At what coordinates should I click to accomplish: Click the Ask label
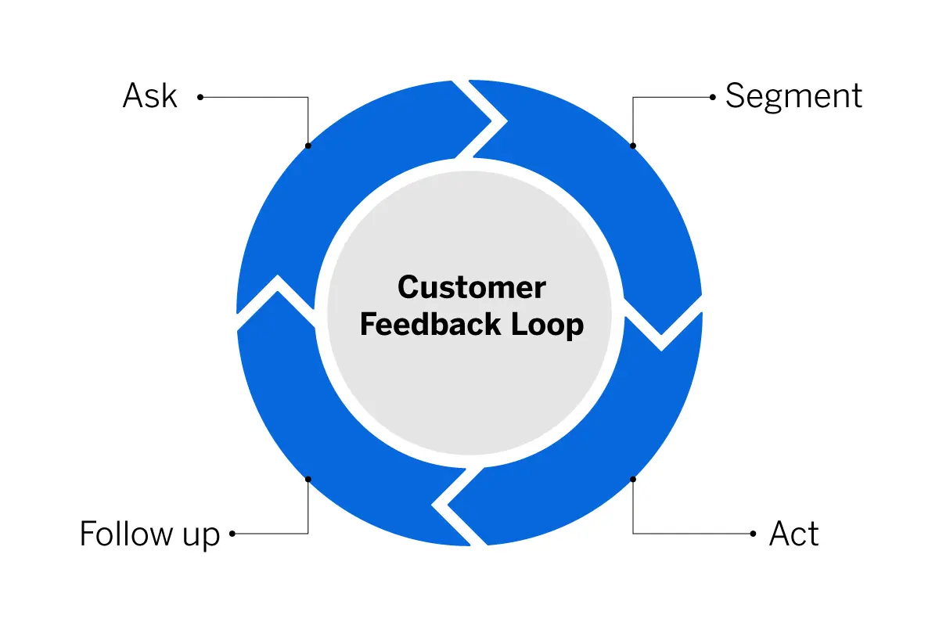(x=149, y=95)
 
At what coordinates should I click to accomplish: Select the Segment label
(x=793, y=97)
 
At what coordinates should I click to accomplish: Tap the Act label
(x=793, y=534)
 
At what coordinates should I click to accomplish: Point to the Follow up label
(x=149, y=534)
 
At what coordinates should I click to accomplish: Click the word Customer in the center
(x=472, y=288)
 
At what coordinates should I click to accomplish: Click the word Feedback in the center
(x=430, y=324)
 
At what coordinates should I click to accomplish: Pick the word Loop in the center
(x=547, y=326)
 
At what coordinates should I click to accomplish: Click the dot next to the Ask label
(x=200, y=97)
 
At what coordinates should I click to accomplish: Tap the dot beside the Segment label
(x=713, y=97)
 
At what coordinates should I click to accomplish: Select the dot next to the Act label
(x=753, y=534)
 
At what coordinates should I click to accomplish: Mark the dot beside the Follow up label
(x=232, y=534)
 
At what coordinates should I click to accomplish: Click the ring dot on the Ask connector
(x=308, y=146)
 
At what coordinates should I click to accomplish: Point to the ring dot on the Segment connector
(x=633, y=146)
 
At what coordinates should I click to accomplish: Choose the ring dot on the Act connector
(x=633, y=479)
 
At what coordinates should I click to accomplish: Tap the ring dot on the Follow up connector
(x=308, y=479)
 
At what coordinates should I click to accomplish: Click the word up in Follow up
(x=201, y=537)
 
